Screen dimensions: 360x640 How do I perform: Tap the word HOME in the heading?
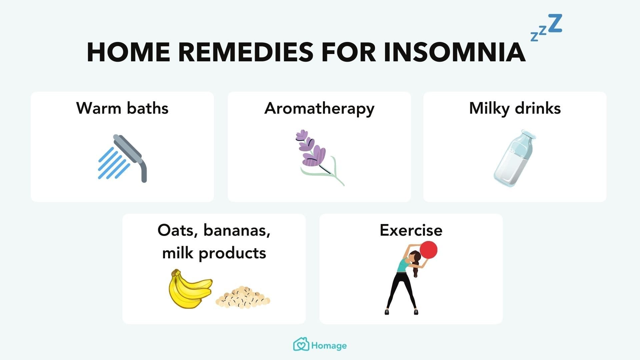click(x=128, y=52)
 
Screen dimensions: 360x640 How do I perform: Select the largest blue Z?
click(x=555, y=23)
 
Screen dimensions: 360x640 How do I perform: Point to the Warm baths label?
click(x=122, y=108)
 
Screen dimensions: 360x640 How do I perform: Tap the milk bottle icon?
click(x=514, y=158)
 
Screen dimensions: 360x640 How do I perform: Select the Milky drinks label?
click(x=515, y=108)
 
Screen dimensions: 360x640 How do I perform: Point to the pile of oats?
click(x=243, y=297)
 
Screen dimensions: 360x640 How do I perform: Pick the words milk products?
click(x=214, y=253)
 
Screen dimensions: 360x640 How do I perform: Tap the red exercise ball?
click(x=428, y=250)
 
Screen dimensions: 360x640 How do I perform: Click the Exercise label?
click(x=411, y=230)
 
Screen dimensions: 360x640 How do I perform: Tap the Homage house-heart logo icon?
click(x=301, y=345)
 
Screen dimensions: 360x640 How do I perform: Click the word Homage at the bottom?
click(x=329, y=346)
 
